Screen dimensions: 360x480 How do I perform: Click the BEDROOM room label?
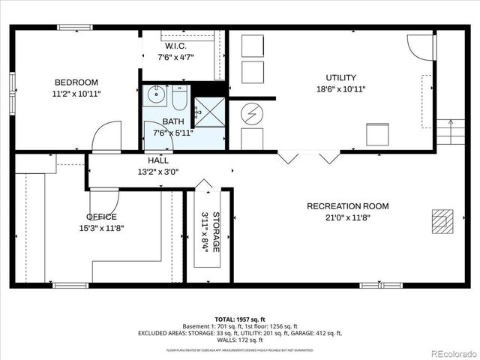(x=76, y=82)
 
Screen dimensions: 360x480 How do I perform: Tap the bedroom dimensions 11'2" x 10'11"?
(x=76, y=94)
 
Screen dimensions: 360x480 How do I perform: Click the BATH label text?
(x=173, y=121)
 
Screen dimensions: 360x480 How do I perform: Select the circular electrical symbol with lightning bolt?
(x=252, y=114)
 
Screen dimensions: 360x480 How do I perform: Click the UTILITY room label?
(x=340, y=77)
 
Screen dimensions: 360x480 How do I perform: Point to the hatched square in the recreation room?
(x=442, y=220)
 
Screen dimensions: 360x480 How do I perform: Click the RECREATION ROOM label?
(x=347, y=206)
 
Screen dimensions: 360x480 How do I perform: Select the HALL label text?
(x=158, y=160)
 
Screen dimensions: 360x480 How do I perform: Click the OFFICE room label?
(x=101, y=217)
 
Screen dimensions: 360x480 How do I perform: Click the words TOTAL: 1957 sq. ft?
(x=240, y=318)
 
